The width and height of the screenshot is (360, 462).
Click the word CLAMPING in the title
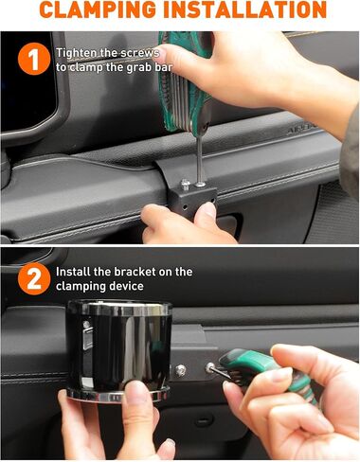tap(99, 9)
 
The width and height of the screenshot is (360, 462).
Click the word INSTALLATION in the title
tap(245, 9)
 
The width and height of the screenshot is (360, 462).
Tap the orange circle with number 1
tap(34, 59)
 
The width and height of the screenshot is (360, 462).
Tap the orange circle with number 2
tap(34, 278)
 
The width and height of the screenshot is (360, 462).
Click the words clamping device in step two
tap(99, 286)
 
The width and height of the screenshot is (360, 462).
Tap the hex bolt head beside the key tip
tap(186, 184)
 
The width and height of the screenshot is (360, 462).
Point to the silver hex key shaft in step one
tap(200, 159)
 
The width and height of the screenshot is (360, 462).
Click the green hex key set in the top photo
tap(183, 82)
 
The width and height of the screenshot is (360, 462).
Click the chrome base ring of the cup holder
tap(117, 395)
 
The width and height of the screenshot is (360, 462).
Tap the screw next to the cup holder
tap(181, 370)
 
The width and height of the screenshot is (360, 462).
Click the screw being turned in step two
tap(210, 367)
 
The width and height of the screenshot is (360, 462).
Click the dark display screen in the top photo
tap(27, 83)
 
